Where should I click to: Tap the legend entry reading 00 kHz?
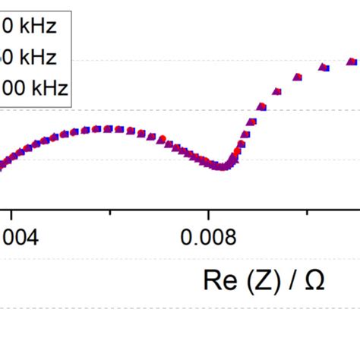(x=33, y=88)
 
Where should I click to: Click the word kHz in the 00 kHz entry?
(x=48, y=88)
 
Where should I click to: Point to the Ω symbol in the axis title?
(x=315, y=280)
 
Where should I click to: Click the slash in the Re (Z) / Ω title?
(x=293, y=280)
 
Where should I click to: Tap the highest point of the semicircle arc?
(x=108, y=129)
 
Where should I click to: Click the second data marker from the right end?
(x=324, y=68)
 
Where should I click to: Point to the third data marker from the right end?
(x=298, y=77)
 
